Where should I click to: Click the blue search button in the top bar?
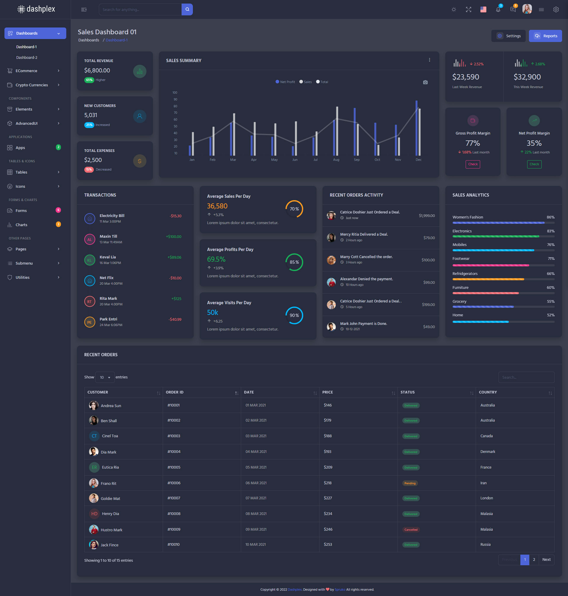[x=187, y=9]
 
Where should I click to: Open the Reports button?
[x=545, y=36]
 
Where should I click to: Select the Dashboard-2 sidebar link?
[x=27, y=57]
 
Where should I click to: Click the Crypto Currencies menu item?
[x=32, y=85]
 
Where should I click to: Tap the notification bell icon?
[x=498, y=10]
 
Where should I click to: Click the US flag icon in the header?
[x=483, y=10]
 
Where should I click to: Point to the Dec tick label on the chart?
[x=418, y=160]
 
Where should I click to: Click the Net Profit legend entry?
[x=285, y=82]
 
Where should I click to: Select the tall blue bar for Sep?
[x=354, y=132]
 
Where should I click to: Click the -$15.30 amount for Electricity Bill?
[x=176, y=216]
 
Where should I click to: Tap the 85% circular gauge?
[x=294, y=262]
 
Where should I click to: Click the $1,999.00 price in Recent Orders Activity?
[x=427, y=216]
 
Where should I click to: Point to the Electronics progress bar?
[x=496, y=236]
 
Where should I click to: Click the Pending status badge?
[x=410, y=483]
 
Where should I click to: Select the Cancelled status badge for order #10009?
[x=411, y=529]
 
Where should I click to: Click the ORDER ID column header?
[x=175, y=392]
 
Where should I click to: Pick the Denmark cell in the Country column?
[x=488, y=452]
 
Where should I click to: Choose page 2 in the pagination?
[x=534, y=559]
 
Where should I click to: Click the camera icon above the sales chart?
[x=425, y=82]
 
